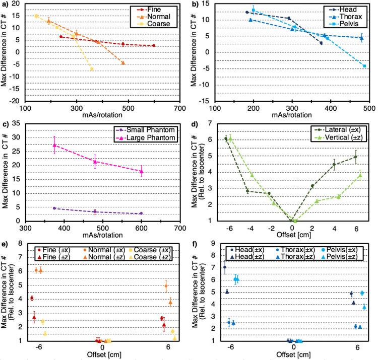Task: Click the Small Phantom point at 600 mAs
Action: click(141, 213)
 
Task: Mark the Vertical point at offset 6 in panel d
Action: click(360, 175)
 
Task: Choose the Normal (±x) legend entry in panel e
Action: click(111, 249)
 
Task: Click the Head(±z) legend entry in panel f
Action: click(249, 257)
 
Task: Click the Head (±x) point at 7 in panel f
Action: click(225, 267)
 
